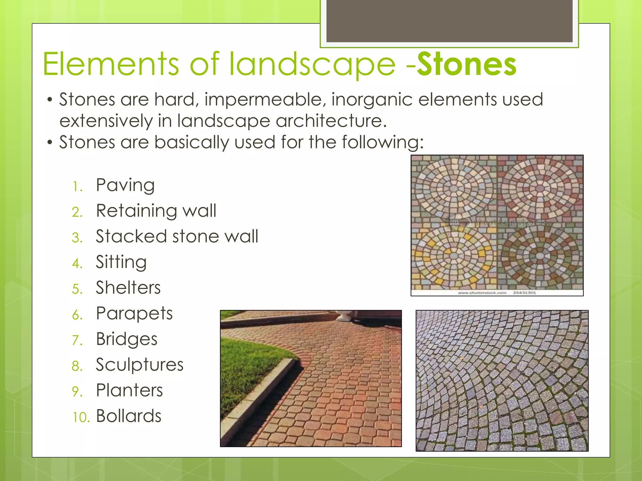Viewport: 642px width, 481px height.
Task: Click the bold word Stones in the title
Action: coord(466,65)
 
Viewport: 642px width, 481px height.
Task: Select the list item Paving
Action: coord(125,185)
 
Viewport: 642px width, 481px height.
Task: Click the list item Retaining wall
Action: coord(156,211)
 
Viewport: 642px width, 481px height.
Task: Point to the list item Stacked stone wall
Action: coord(177,236)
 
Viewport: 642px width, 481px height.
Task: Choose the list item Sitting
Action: coord(121,262)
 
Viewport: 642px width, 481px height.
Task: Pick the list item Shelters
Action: coord(128,288)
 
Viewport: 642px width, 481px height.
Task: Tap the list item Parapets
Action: coord(134,313)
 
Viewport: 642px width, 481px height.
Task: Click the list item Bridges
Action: coord(127,339)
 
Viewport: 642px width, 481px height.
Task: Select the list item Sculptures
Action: coord(139,365)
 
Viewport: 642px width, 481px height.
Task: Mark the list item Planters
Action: coord(129,390)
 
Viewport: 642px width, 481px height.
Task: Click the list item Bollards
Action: coord(129,416)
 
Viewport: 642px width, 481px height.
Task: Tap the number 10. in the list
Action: coord(81,417)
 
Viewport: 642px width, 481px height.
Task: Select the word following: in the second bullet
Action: coord(382,142)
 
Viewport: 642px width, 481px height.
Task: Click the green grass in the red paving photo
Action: coord(248,360)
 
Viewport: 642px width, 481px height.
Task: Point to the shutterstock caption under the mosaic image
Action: coord(497,293)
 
